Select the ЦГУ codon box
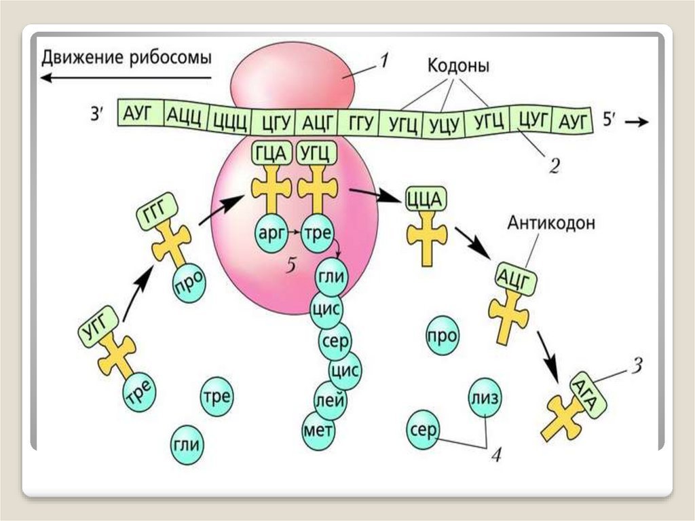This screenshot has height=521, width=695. (273, 121)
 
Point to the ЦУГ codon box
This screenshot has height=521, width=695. (532, 119)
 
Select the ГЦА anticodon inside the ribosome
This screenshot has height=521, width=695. (271, 154)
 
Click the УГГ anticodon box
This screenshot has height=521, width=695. (98, 328)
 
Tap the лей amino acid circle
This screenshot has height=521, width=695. (331, 400)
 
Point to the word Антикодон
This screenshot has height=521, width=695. (551, 222)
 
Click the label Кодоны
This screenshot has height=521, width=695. (458, 66)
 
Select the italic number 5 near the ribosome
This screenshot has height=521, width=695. (291, 265)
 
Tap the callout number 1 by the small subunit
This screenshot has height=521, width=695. (384, 60)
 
